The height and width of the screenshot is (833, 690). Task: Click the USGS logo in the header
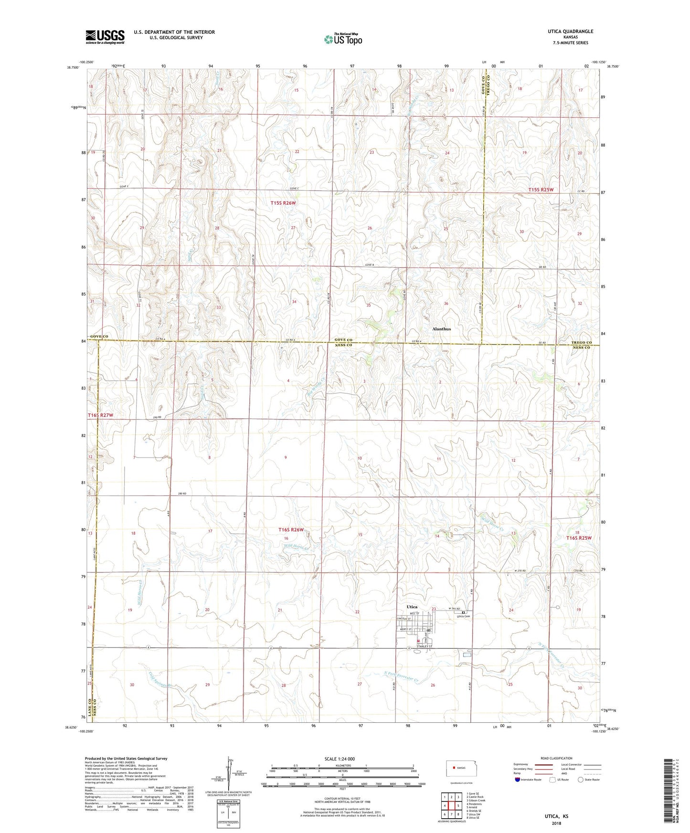coord(105,37)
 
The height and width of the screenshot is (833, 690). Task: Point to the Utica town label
coord(412,606)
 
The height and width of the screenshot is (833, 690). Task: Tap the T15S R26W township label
coord(283,203)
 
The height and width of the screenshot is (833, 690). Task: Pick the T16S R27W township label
coord(100,416)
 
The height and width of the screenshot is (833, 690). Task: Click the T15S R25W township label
coord(541,190)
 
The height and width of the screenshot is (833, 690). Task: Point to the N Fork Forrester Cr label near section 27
coord(401,677)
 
